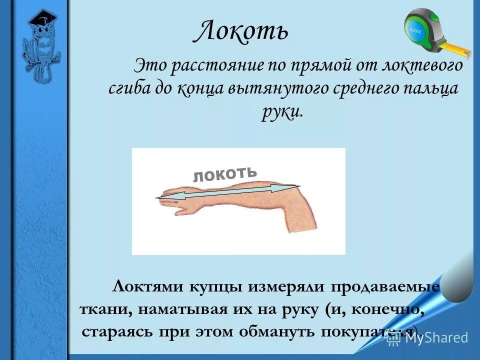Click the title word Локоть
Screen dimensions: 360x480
pyautogui.click(x=240, y=31)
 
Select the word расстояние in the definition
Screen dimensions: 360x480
pyautogui.click(x=205, y=66)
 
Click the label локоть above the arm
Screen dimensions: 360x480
pyautogui.click(x=225, y=173)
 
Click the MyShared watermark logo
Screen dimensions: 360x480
pyautogui.click(x=427, y=338)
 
